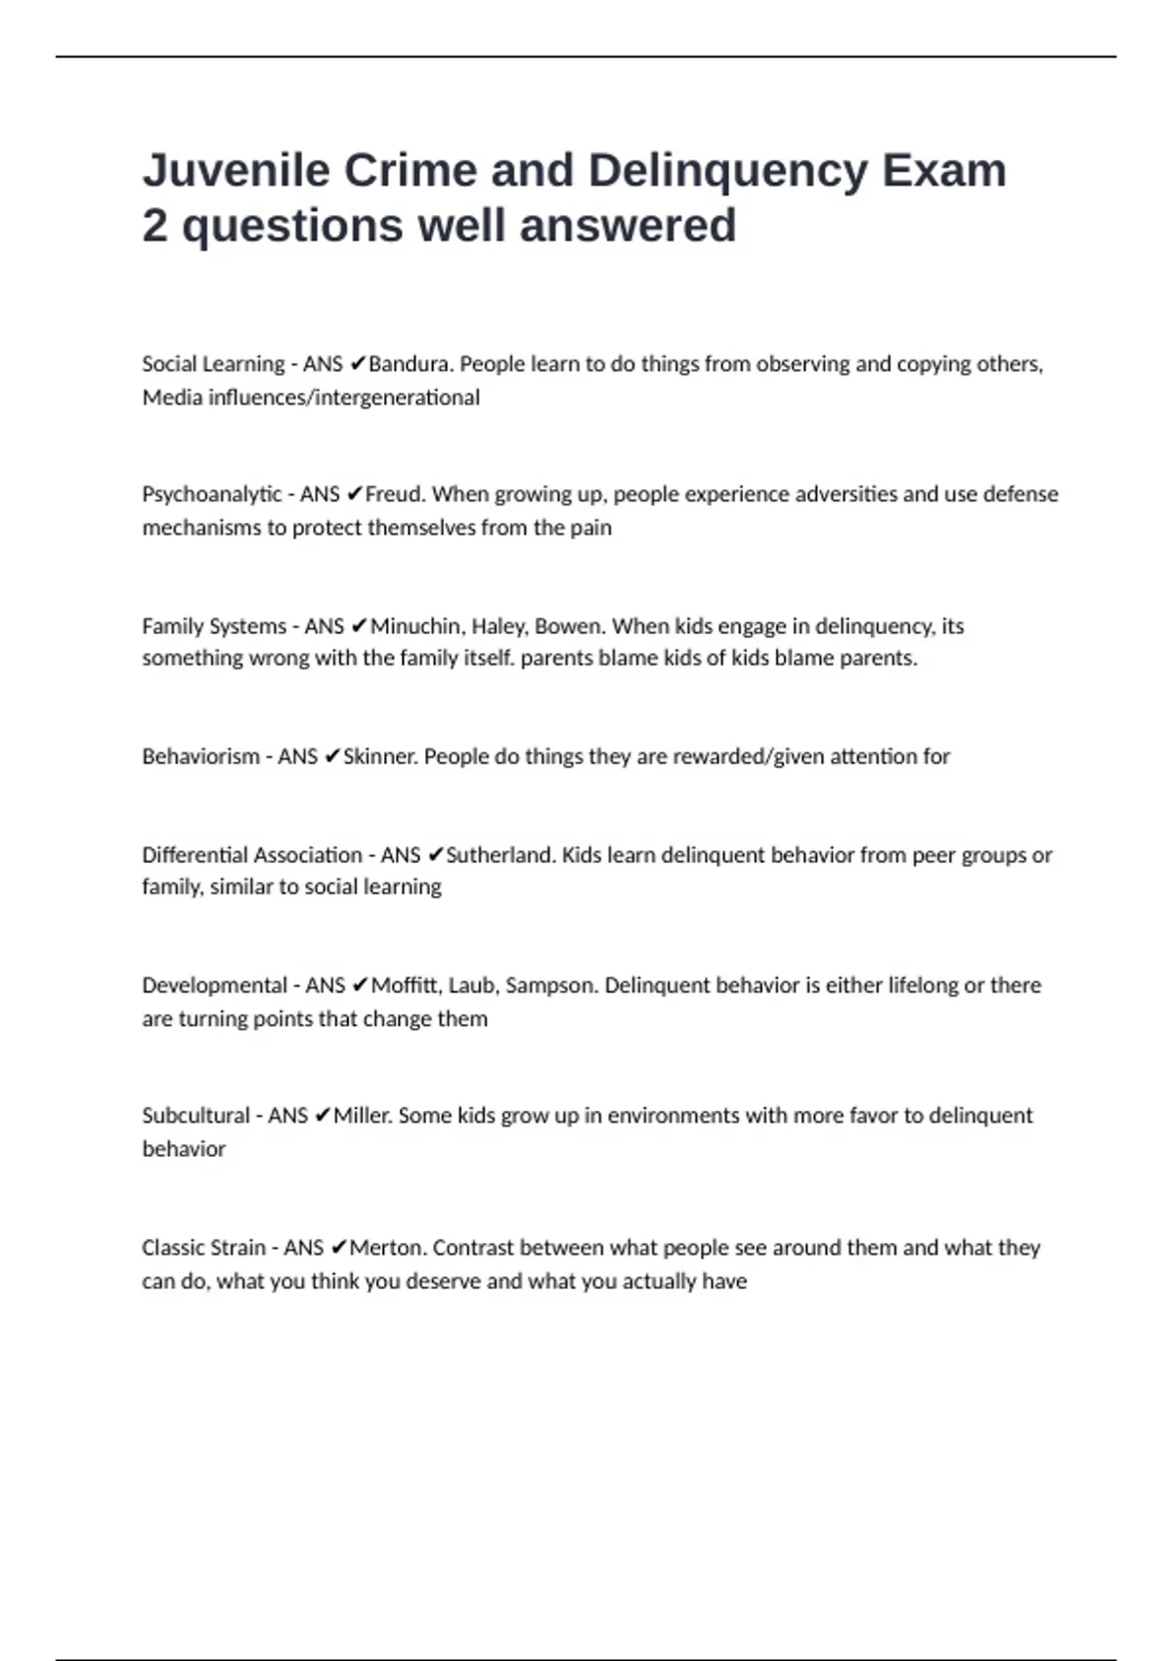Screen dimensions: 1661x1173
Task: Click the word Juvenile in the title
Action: pos(235,170)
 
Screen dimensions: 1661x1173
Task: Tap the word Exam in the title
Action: pos(943,170)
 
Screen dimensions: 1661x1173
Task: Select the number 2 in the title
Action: pos(154,226)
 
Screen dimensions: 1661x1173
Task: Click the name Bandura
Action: pos(410,364)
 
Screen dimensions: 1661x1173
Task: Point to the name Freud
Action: pos(394,494)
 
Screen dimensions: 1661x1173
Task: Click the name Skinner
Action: pos(381,756)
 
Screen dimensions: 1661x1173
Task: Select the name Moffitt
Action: pos(405,985)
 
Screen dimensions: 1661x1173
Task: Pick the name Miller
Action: pos(362,1116)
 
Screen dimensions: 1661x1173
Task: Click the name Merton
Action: pos(386,1248)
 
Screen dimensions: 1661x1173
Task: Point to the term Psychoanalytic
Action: pos(212,494)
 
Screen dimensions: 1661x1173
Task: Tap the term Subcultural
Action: pos(195,1116)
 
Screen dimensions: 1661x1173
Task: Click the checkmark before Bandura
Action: pos(358,364)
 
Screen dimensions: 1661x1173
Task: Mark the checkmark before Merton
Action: pos(339,1248)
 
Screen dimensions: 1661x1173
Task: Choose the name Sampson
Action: pos(549,985)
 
